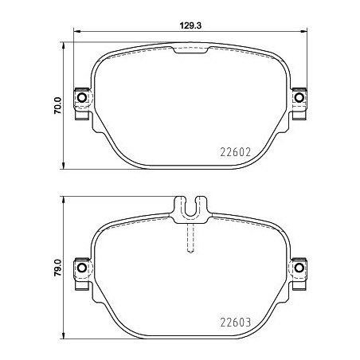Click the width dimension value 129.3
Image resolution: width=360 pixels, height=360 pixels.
click(188, 25)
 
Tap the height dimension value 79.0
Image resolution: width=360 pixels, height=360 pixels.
click(56, 264)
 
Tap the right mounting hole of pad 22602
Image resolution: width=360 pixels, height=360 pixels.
click(299, 98)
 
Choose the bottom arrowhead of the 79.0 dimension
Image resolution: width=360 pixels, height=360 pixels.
click(64, 334)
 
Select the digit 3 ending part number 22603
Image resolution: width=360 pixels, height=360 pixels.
click(250, 323)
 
